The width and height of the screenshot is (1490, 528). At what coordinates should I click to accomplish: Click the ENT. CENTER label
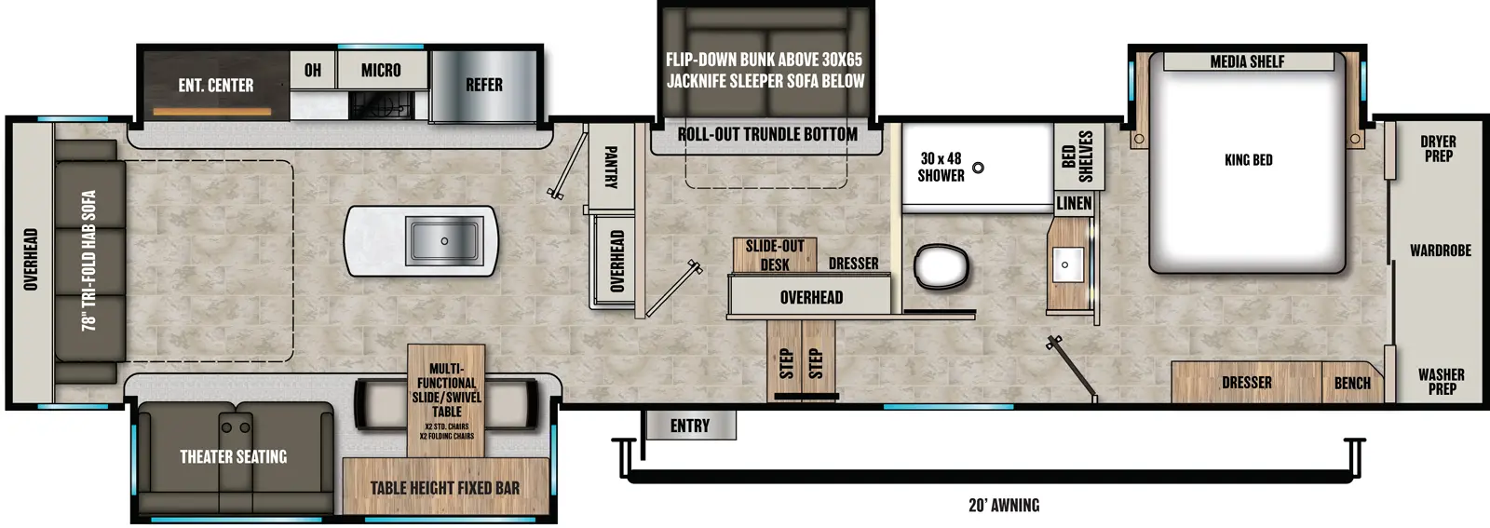[x=215, y=86]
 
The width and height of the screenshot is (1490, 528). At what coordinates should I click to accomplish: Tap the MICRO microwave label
[x=381, y=71]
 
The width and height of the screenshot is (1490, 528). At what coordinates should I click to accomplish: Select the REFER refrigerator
[x=483, y=85]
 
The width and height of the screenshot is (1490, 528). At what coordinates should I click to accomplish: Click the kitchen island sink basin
[x=444, y=241]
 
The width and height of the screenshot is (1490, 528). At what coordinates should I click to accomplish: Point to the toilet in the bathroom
[x=941, y=267]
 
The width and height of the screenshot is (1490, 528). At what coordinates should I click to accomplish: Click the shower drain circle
[x=978, y=168]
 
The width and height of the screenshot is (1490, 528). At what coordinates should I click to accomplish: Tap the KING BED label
[x=1248, y=160]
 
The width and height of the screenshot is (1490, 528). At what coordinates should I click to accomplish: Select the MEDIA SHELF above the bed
[x=1247, y=61]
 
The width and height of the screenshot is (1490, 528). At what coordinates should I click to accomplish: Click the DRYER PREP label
[x=1438, y=149]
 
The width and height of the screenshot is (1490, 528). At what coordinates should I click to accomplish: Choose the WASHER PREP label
[x=1441, y=381]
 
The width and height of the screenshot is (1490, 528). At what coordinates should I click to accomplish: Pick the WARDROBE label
[x=1440, y=250]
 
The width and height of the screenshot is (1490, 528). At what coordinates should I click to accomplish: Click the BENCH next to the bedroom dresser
[x=1351, y=383]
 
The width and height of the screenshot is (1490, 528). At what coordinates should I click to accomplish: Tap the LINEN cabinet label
[x=1074, y=203]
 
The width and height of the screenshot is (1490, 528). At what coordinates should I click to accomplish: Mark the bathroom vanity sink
[x=1065, y=264]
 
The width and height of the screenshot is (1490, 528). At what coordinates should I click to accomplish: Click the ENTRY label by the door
[x=689, y=426]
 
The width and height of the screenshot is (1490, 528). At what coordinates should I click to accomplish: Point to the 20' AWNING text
[x=1003, y=506]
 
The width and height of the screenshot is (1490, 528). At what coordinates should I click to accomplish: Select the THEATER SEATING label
[x=233, y=456]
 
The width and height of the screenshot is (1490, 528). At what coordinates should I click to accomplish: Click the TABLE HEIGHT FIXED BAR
[x=444, y=488]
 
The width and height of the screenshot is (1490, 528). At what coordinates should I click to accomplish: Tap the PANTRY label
[x=611, y=167]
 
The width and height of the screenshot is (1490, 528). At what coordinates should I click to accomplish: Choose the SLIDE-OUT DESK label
[x=774, y=255]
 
